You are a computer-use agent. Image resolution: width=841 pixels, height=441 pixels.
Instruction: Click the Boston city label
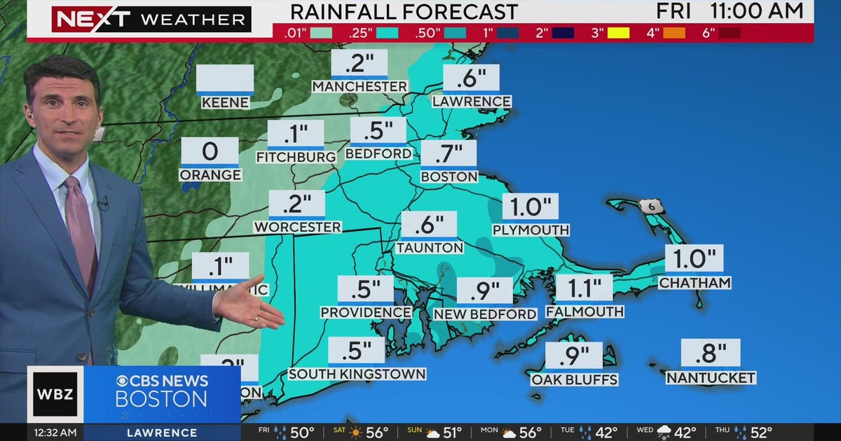click(x=449, y=177)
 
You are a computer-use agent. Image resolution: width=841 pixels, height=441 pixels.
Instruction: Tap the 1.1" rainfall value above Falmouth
click(x=584, y=287)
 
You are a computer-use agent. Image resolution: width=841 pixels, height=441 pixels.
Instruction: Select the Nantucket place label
click(x=711, y=378)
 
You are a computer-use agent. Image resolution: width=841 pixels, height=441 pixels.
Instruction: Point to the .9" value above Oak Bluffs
click(x=573, y=356)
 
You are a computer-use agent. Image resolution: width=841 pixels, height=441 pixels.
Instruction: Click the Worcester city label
click(x=298, y=227)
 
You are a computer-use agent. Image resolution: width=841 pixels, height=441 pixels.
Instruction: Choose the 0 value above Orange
click(x=210, y=150)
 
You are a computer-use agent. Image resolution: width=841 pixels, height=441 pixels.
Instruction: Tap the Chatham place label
click(x=695, y=283)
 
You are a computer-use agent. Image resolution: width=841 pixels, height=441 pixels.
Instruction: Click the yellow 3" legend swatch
click(x=618, y=32)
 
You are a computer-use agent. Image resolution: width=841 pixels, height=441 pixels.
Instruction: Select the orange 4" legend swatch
click(x=674, y=32)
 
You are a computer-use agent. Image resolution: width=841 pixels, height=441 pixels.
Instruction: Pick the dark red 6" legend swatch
click(x=729, y=32)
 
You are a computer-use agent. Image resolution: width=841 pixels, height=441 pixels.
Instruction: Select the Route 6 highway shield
click(x=649, y=206)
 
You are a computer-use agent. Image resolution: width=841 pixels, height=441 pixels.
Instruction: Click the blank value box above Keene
click(x=225, y=78)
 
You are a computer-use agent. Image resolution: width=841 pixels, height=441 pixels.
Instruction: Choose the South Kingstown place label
click(x=357, y=374)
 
